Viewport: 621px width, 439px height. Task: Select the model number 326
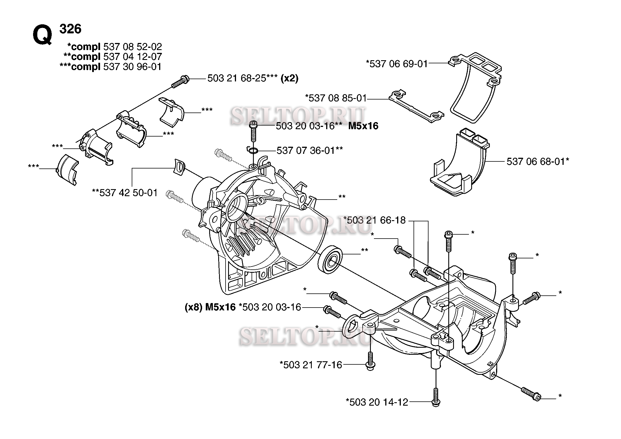[x=70, y=29]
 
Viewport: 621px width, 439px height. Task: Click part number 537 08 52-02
[x=133, y=47]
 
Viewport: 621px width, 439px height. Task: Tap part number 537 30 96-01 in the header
[x=132, y=67]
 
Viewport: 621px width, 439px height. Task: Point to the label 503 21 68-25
[x=237, y=78]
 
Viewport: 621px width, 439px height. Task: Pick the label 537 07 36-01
[x=306, y=150]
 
